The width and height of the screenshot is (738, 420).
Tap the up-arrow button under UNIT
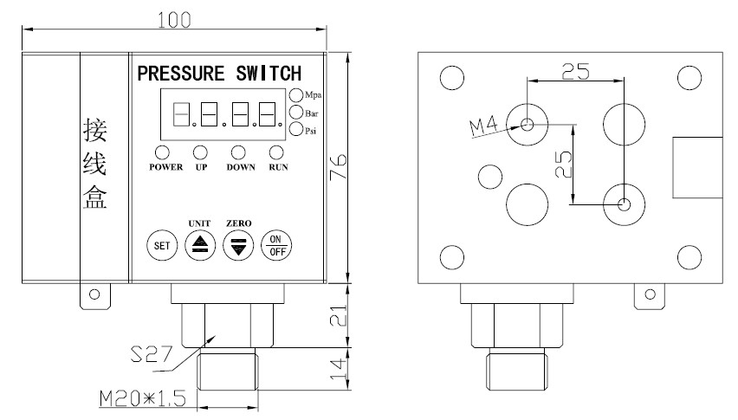pos(200,245)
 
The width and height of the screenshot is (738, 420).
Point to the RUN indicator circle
pos(277,152)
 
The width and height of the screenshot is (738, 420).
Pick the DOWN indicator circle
pos(236,152)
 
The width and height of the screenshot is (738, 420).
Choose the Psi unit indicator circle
pos(296,130)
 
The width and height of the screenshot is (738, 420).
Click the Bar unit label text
pos(310,113)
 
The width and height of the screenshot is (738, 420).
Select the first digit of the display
pos(181,113)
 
